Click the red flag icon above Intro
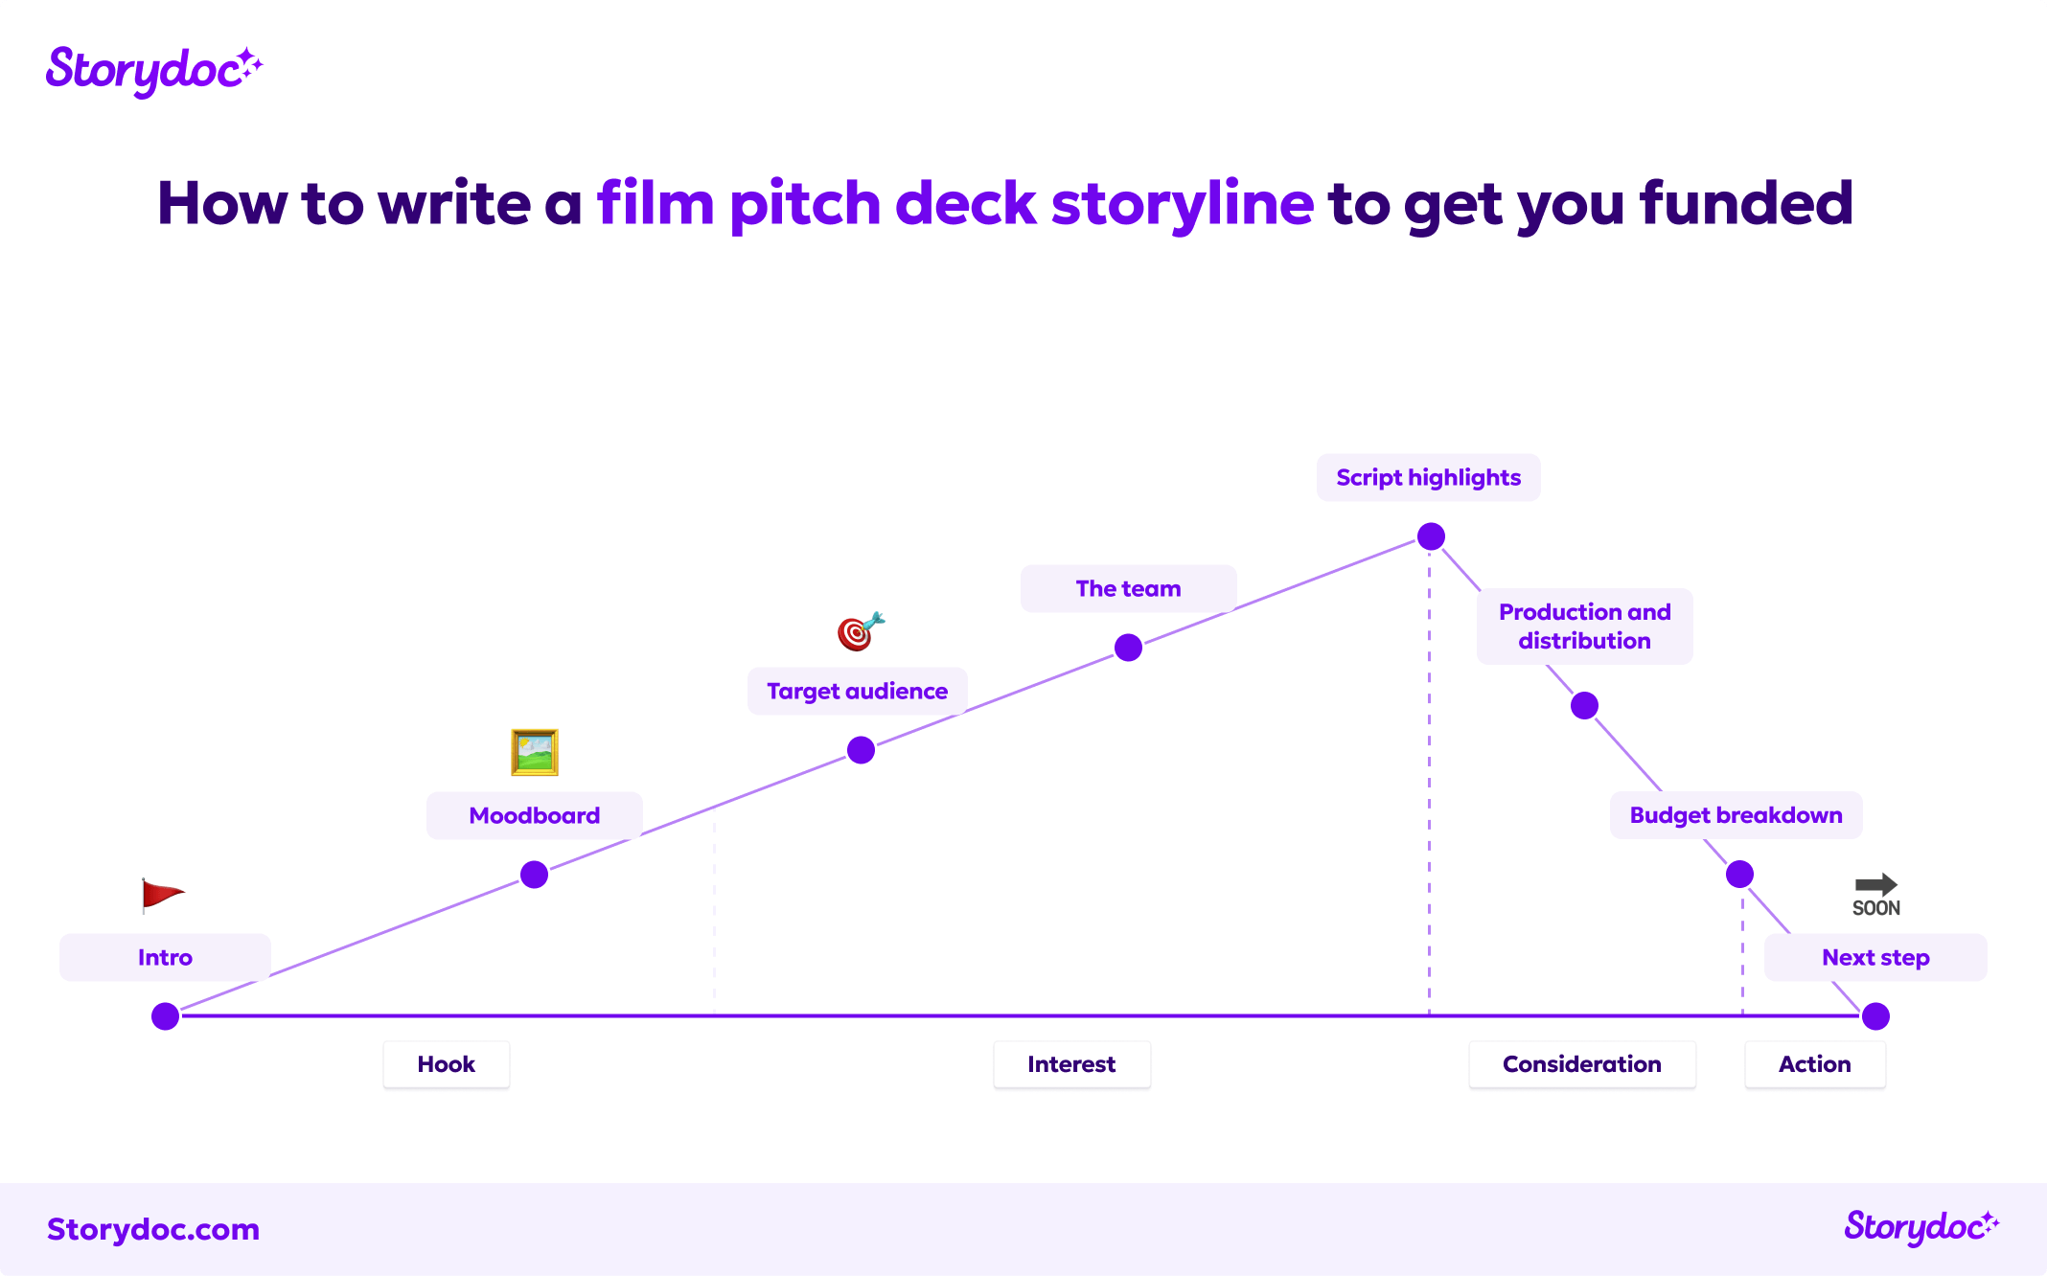(161, 895)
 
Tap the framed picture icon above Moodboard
(535, 752)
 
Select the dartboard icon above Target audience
(860, 631)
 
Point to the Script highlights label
(1428, 477)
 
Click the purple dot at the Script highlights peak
(1431, 536)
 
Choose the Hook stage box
(447, 1064)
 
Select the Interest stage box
(1071, 1064)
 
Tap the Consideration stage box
(1581, 1064)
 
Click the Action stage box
(1814, 1064)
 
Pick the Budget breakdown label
(1736, 815)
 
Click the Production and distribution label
(1584, 627)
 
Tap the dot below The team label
(1128, 648)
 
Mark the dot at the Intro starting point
(166, 1016)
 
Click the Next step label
(1875, 957)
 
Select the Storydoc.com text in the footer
(153, 1229)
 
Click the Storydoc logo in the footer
(1920, 1227)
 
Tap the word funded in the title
(1746, 203)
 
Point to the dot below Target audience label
(861, 750)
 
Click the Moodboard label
(535, 815)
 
